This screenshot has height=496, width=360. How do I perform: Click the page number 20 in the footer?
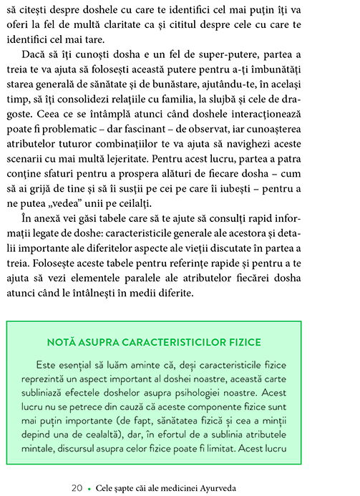pos(77,487)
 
